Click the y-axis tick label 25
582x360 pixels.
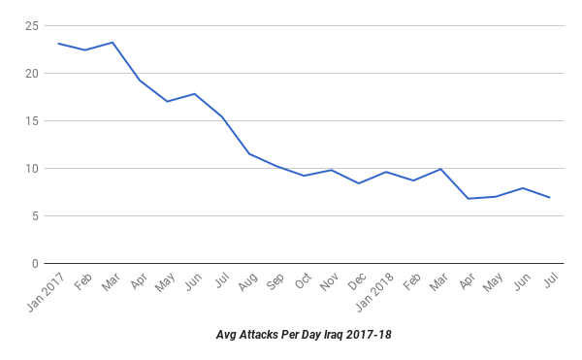click(x=32, y=26)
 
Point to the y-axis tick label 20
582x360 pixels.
click(x=32, y=74)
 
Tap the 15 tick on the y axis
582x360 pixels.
click(x=32, y=121)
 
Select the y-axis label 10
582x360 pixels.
click(x=32, y=169)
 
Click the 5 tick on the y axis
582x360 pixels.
click(x=35, y=216)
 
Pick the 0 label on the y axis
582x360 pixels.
click(x=35, y=264)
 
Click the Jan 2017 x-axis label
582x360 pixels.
click(x=46, y=292)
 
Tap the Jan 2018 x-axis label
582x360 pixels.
click(x=374, y=292)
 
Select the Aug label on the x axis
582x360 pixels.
click(x=248, y=282)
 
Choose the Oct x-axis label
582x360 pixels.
click(x=303, y=281)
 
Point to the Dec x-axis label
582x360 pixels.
click(x=357, y=281)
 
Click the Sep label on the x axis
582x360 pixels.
click(x=275, y=281)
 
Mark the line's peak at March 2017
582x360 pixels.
click(x=113, y=43)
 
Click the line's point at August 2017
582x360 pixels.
click(x=249, y=153)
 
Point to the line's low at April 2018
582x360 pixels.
click(x=469, y=199)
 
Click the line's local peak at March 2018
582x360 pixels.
click(x=440, y=169)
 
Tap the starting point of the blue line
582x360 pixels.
click(x=58, y=44)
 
